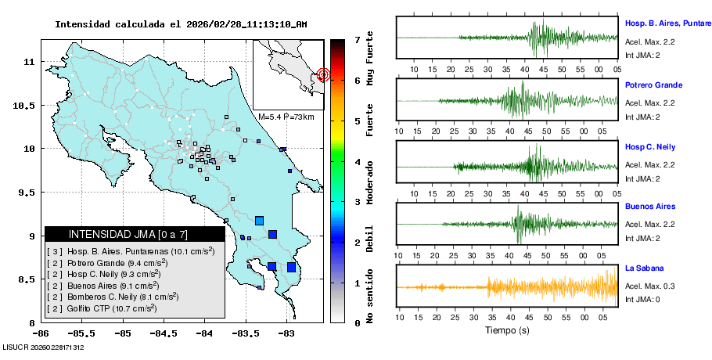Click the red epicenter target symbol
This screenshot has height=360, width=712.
(323, 75)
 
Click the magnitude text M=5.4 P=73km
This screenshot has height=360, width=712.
(286, 117)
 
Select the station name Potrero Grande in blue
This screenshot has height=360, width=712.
(653, 85)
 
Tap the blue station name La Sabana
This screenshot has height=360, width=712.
(644, 268)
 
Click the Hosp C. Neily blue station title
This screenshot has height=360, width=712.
(649, 147)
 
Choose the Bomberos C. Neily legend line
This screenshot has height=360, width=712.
(113, 297)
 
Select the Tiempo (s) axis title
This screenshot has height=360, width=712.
(506, 330)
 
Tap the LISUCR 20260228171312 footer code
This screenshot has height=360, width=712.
(43, 347)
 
